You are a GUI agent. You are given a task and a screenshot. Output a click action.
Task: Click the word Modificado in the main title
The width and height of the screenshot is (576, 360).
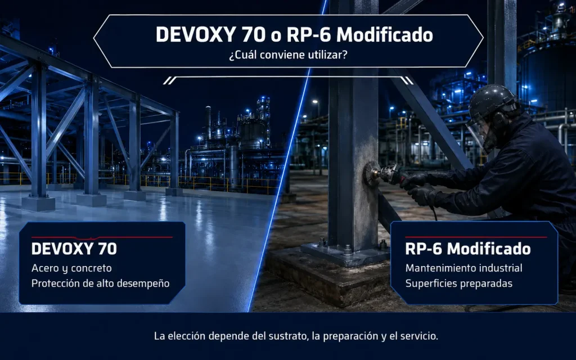pyautogui.click(x=385, y=34)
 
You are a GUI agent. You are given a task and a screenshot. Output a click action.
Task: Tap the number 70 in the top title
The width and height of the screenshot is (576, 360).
pyautogui.click(x=254, y=34)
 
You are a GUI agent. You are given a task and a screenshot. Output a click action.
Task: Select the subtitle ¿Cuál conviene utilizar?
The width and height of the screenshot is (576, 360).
pyautogui.click(x=288, y=55)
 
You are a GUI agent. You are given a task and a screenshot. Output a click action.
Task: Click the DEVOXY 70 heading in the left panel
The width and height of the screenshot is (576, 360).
pyautogui.click(x=74, y=249)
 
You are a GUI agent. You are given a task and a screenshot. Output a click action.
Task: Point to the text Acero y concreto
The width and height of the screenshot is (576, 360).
pyautogui.click(x=71, y=268)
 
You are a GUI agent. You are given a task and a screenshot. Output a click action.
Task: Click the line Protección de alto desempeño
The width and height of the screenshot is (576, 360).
pyautogui.click(x=100, y=283)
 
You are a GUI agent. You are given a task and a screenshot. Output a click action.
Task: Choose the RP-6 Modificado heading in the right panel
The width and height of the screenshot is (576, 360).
pyautogui.click(x=468, y=249)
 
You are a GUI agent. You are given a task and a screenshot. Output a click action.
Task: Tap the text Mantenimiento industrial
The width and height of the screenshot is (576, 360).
pyautogui.click(x=463, y=268)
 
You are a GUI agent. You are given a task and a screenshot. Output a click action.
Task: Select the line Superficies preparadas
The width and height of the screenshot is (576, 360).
pyautogui.click(x=459, y=283)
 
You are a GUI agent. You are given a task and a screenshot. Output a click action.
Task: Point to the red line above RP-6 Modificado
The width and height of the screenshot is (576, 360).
pyautogui.click(x=476, y=237)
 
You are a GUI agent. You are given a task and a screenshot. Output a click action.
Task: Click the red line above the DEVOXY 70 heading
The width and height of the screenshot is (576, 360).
pyautogui.click(x=102, y=238)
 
